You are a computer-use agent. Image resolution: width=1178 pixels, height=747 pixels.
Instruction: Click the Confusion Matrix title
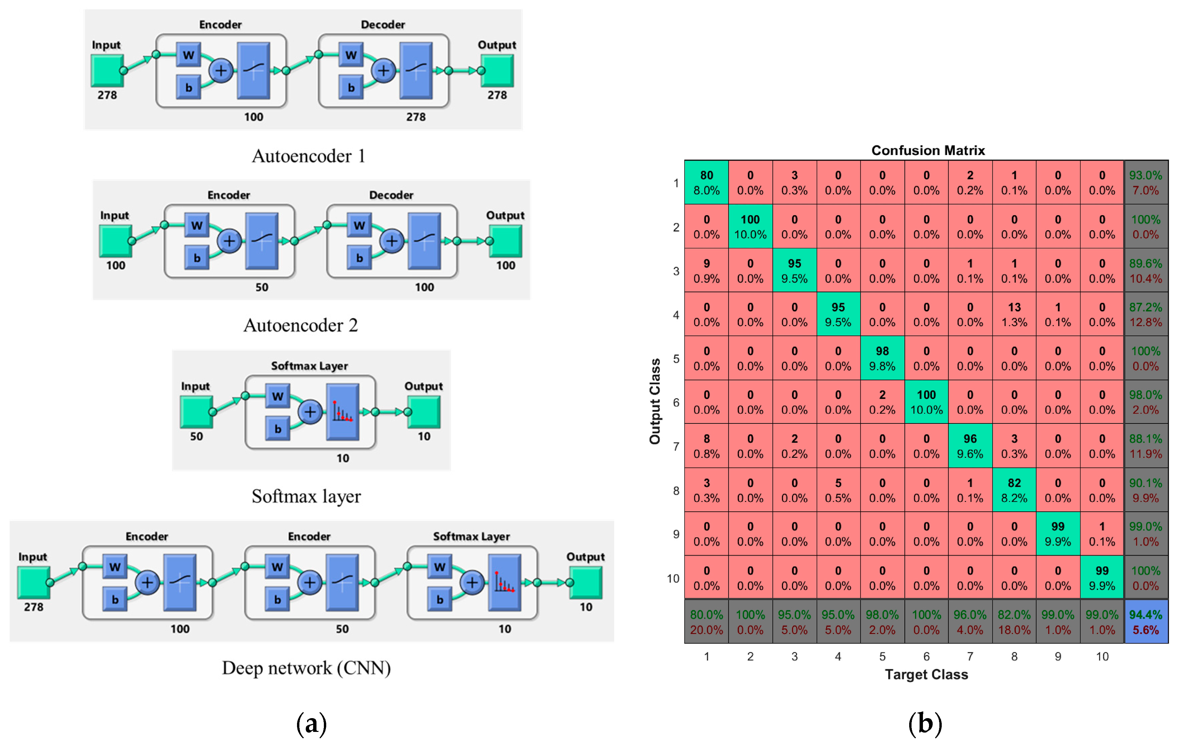(928, 150)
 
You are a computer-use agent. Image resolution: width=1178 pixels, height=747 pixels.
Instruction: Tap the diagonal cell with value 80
(706, 183)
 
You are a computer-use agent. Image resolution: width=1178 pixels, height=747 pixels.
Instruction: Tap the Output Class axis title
(654, 401)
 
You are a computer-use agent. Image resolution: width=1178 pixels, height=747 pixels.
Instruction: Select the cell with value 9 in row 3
(706, 270)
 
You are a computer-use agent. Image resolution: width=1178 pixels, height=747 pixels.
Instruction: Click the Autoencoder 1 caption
(308, 156)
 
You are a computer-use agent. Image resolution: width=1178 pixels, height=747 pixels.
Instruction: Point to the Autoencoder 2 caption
(300, 325)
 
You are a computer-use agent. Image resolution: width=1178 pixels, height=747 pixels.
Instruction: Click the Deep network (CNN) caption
(306, 668)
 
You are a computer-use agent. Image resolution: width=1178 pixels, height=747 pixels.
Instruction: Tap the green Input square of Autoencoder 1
(107, 70)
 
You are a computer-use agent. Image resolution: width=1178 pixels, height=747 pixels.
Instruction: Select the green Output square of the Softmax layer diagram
(424, 412)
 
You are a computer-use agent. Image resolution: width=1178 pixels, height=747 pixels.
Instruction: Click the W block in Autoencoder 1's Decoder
(351, 55)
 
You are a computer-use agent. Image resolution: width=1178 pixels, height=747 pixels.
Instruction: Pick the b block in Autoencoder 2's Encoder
(197, 258)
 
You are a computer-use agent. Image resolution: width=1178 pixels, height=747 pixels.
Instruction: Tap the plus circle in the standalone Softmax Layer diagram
(310, 412)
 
